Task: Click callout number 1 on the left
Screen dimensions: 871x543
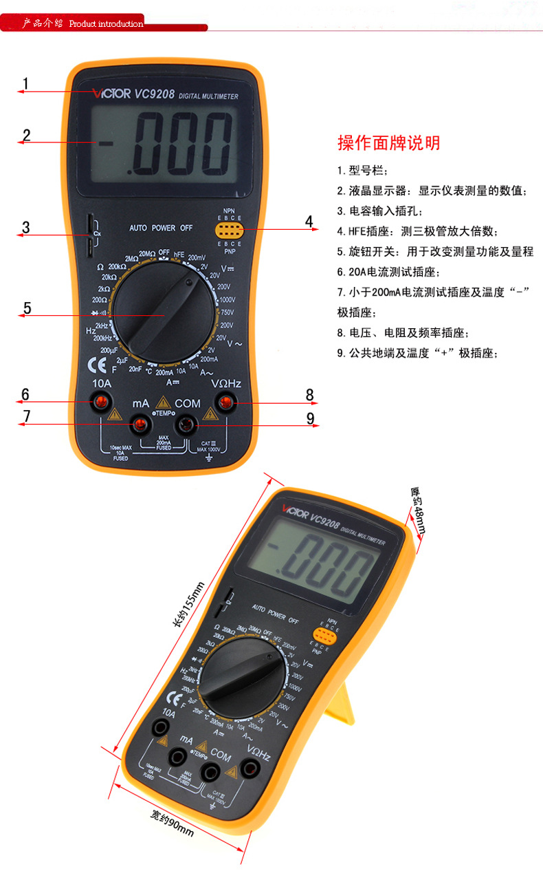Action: (x=25, y=84)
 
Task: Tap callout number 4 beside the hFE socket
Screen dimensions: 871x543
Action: (x=309, y=221)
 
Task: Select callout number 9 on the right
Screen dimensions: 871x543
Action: (x=310, y=418)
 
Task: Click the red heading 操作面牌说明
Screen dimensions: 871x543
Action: (x=388, y=143)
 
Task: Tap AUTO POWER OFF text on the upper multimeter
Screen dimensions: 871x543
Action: (x=162, y=228)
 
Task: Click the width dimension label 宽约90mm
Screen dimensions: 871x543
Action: (x=172, y=822)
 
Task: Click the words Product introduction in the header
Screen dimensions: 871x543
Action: (x=107, y=24)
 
